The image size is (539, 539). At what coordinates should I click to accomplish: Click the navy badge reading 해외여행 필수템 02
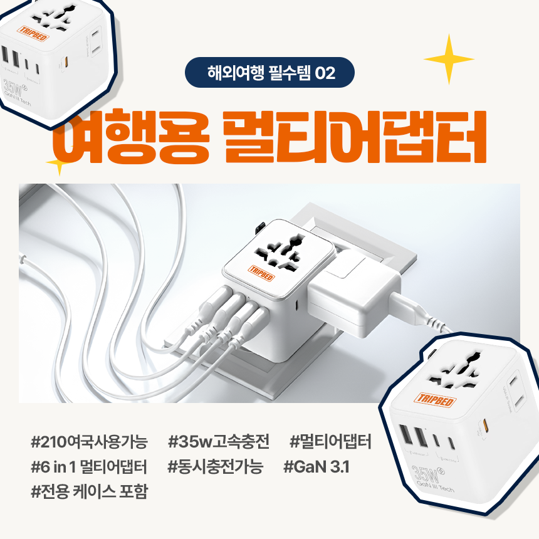(x=269, y=72)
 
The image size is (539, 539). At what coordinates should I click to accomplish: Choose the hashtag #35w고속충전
(x=219, y=443)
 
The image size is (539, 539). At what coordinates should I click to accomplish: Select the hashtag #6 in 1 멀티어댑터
(x=88, y=466)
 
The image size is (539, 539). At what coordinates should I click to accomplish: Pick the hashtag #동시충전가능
(x=216, y=466)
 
